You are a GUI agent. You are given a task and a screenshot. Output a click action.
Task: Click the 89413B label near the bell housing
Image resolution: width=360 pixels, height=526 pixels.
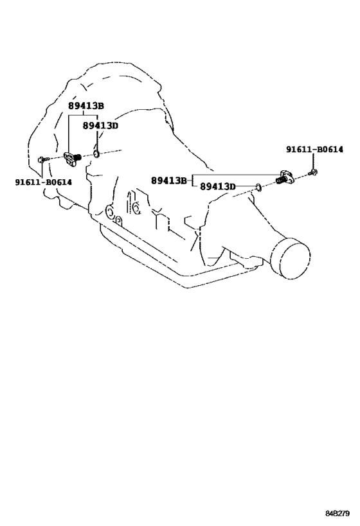tap(86, 106)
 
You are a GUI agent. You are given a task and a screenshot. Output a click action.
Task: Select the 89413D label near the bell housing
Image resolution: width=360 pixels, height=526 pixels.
tap(101, 125)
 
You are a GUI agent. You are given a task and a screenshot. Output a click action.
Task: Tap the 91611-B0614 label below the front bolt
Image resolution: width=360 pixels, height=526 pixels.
tap(43, 182)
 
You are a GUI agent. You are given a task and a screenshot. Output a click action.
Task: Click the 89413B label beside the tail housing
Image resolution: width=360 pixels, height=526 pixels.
tap(168, 180)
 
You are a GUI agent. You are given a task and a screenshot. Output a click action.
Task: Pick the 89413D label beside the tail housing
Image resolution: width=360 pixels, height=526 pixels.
tap(218, 186)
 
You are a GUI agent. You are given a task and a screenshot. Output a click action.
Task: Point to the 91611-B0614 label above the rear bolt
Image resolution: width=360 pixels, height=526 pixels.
tap(314, 149)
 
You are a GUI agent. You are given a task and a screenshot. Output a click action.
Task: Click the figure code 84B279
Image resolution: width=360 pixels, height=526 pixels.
tap(337, 513)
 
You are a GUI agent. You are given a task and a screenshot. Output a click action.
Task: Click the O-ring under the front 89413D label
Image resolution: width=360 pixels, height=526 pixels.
tap(96, 154)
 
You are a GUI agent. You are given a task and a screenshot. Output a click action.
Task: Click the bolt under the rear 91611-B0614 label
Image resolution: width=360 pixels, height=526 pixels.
tap(312, 172)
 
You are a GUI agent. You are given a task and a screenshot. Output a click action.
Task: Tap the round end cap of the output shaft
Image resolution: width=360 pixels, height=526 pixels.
tap(291, 258)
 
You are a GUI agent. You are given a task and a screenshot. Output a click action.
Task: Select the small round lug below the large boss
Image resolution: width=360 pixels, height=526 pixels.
tap(118, 220)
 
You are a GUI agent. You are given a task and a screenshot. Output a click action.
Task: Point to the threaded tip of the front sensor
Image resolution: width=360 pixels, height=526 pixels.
tap(78, 156)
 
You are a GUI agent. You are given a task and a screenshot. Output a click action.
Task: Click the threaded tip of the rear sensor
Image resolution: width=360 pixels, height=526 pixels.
tap(279, 180)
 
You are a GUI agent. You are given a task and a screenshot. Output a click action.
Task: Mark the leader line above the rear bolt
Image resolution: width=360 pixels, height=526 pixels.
tap(312, 162)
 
